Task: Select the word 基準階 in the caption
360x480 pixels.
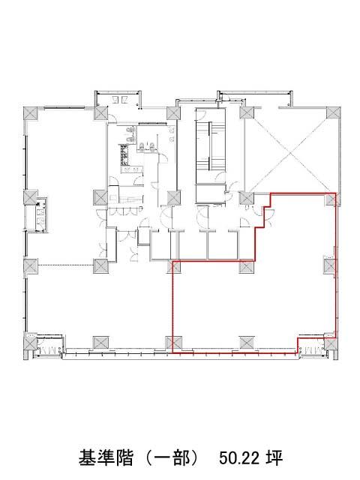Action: coord(106,458)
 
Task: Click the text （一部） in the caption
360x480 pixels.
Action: coord(172,458)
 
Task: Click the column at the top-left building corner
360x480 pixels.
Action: coord(31,113)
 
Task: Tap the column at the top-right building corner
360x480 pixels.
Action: coord(333,112)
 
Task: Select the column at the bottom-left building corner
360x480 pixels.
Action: coord(31,340)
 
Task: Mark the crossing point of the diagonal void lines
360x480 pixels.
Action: coord(290,151)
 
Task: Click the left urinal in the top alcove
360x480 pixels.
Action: coord(115,99)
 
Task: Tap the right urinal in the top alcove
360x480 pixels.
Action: coord(125,99)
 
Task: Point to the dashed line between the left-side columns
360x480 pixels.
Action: coord(65,265)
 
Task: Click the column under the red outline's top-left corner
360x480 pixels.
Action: coord(174,266)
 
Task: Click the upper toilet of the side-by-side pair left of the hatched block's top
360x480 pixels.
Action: coord(130,130)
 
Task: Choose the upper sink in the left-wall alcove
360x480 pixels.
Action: coord(40,211)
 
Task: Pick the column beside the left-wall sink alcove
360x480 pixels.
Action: coord(31,197)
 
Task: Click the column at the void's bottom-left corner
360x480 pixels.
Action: coord(247,198)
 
